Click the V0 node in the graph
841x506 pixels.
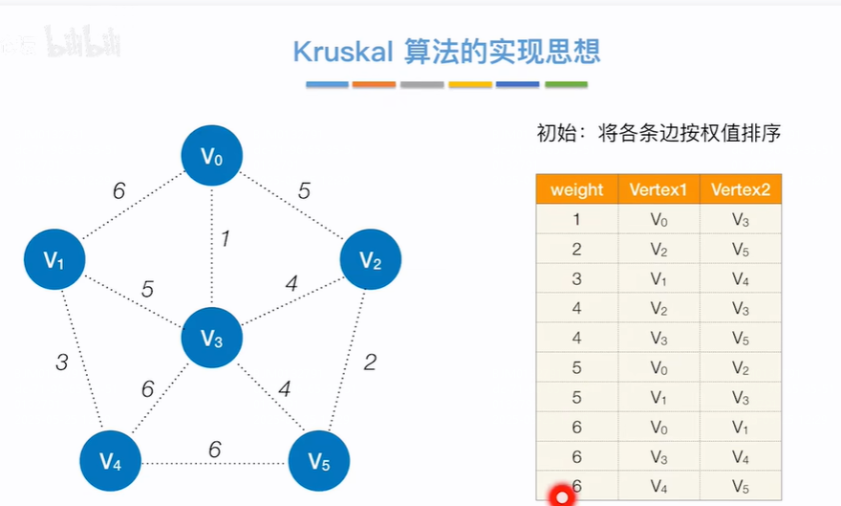pos(212,156)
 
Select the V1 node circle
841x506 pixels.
pos(54,259)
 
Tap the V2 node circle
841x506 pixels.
pos(371,259)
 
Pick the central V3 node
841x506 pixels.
pos(212,338)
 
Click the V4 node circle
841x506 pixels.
pos(110,462)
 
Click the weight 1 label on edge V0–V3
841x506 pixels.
pos(225,239)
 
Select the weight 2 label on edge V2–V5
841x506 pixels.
pos(370,362)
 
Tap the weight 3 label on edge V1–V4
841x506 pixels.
pos(61,363)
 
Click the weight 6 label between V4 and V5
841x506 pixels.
pos(214,450)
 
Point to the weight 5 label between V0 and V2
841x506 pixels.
pos(304,191)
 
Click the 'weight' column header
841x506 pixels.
pos(577,189)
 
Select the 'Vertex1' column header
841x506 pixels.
pos(658,189)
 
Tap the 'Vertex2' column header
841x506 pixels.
pos(741,189)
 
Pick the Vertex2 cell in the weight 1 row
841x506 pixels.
pos(741,219)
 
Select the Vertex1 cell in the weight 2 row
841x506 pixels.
pos(658,249)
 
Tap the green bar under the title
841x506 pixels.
pos(566,85)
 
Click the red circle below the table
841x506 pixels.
pos(562,496)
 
